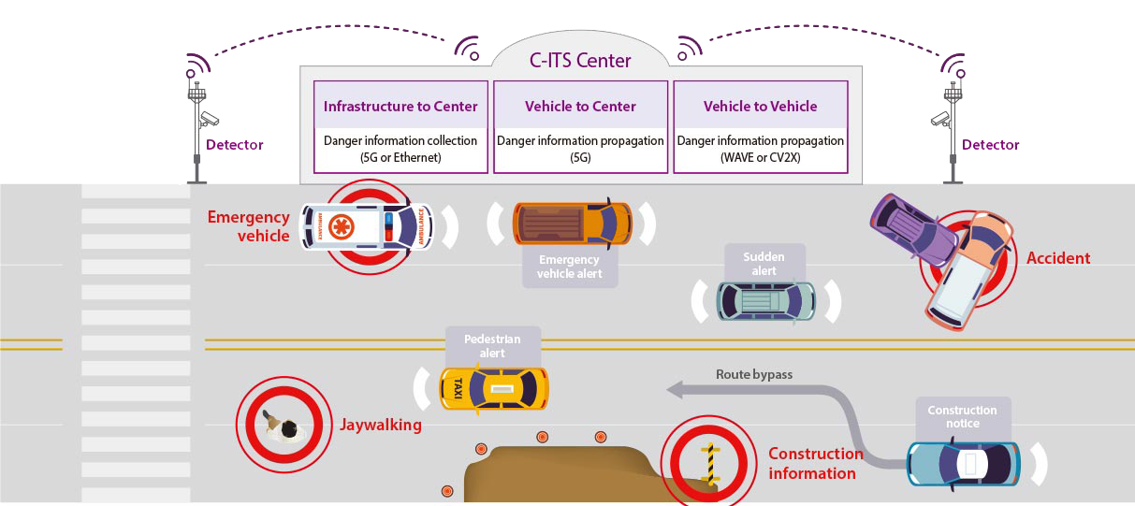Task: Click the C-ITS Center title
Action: pos(580,62)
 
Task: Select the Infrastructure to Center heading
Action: pos(400,107)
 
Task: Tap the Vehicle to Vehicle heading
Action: pos(760,107)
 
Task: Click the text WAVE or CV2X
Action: pos(760,157)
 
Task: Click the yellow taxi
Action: pos(494,388)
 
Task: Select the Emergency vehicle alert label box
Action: pos(569,267)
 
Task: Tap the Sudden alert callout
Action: pos(764,264)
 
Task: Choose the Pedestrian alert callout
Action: pos(492,345)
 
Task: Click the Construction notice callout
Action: pos(962,416)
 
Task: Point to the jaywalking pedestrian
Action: pos(284,427)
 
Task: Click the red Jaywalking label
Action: pos(380,426)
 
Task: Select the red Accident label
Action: pos(1058,258)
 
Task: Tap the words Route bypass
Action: pos(753,374)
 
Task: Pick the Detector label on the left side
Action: pos(234,145)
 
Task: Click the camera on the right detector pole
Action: pos(939,119)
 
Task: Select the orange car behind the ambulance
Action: pos(572,224)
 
